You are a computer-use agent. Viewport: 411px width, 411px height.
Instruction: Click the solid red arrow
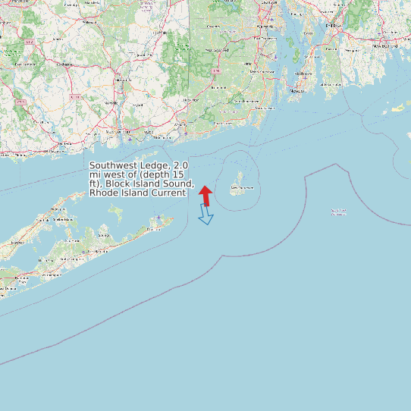(x=206, y=195)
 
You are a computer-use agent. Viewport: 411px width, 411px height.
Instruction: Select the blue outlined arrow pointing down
(x=206, y=216)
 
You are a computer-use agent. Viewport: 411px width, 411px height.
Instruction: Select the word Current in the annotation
(x=168, y=193)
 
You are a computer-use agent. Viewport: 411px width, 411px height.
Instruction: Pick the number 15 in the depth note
(x=180, y=174)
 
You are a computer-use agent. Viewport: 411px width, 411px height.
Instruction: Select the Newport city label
(x=293, y=91)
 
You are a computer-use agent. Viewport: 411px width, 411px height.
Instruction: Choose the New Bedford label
(x=385, y=46)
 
